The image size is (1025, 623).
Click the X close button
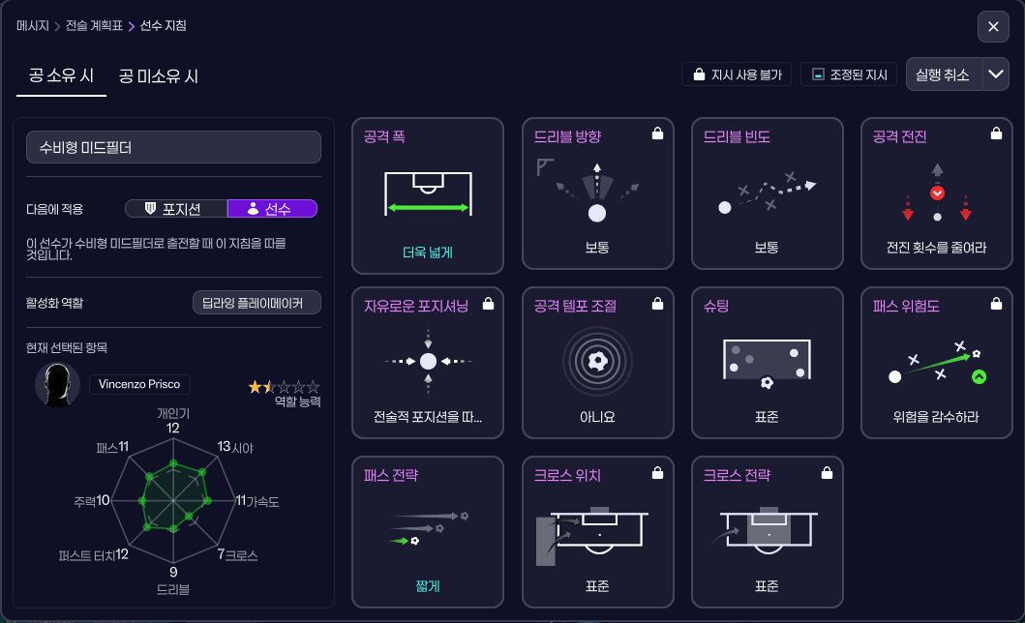pyautogui.click(x=993, y=27)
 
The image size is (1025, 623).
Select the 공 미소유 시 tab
pyautogui.click(x=159, y=75)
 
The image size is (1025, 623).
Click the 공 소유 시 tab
pyautogui.click(x=61, y=75)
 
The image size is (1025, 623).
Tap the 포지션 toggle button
pyautogui.click(x=175, y=208)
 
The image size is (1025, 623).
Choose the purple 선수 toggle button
pyautogui.click(x=272, y=208)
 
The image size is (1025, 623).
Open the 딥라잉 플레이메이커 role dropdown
pyautogui.click(x=256, y=303)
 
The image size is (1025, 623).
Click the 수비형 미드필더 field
pyautogui.click(x=173, y=147)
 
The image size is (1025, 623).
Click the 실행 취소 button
pyautogui.click(x=943, y=74)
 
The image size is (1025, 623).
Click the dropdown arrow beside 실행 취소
pyautogui.click(x=996, y=74)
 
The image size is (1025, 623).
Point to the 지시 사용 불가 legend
pyautogui.click(x=738, y=74)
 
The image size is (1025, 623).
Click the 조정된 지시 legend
pyautogui.click(x=849, y=74)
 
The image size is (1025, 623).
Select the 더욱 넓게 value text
pyautogui.click(x=428, y=253)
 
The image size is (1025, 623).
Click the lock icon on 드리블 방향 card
pyautogui.click(x=658, y=135)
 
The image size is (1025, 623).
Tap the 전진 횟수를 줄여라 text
pyautogui.click(x=936, y=248)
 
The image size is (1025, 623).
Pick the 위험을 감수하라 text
pyautogui.click(x=936, y=417)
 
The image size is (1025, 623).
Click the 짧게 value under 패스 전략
pyautogui.click(x=428, y=586)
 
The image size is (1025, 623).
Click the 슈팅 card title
pyautogui.click(x=715, y=306)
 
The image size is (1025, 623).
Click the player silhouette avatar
pyautogui.click(x=57, y=384)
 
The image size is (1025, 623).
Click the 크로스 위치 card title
pyautogui.click(x=567, y=475)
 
